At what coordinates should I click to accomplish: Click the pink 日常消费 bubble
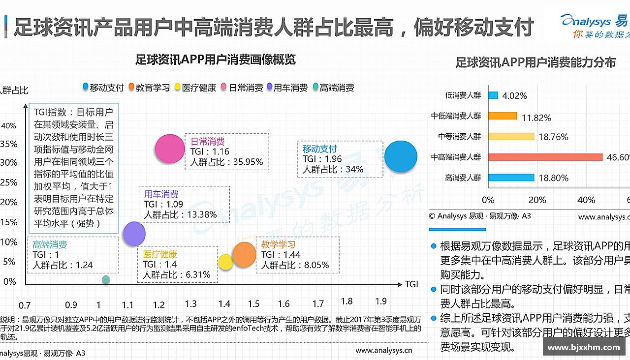coord(170,149)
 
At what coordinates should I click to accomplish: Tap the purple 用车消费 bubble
coord(134,233)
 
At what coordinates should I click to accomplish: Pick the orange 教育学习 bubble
coord(244,255)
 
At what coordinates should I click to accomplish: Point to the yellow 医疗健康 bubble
coord(225,262)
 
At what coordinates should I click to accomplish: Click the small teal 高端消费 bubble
coord(106,279)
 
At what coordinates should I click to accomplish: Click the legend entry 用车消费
coord(287,88)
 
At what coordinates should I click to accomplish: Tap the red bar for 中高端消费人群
coord(545,157)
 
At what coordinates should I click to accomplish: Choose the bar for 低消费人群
coord(493,95)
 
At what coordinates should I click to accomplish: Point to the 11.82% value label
coord(536,118)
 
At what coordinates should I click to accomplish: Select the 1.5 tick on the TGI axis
coord(253,304)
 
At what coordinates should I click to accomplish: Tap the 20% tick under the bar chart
coord(537,200)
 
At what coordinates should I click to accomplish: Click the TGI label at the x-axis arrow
coord(411,284)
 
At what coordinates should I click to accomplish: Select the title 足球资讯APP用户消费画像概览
coord(216,60)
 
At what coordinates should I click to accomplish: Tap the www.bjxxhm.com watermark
coord(584,348)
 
